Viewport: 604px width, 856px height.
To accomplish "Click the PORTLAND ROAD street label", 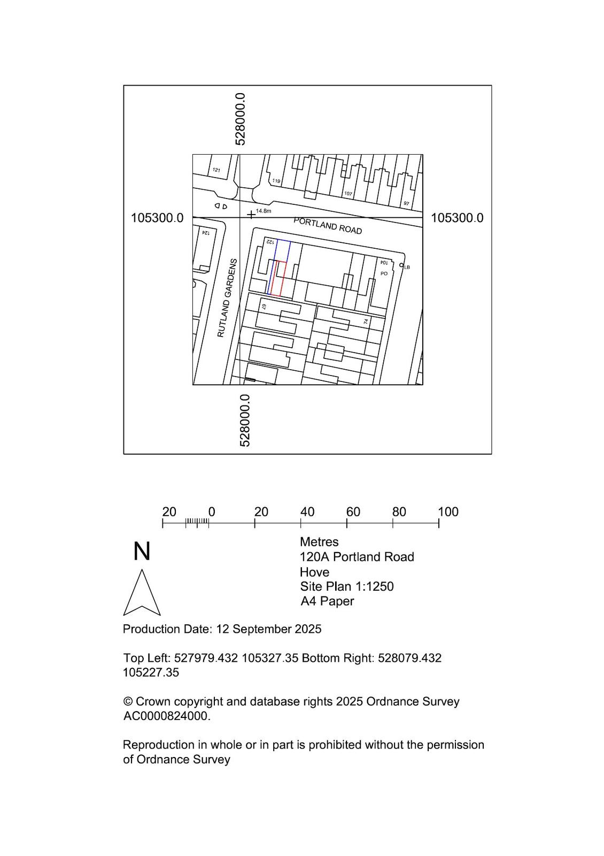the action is point(327,226).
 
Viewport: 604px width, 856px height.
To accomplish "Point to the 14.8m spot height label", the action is point(264,211).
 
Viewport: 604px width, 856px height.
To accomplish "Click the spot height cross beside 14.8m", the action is point(251,215).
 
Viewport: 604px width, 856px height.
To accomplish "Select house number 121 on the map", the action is point(216,170).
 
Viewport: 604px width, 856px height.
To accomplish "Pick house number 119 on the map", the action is point(276,181).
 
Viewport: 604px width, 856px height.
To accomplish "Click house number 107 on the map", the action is point(348,193).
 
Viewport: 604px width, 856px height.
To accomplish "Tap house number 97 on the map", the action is point(406,203).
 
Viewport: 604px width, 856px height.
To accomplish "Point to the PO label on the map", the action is point(384,273).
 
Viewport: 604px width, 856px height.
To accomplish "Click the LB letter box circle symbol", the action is point(401,265).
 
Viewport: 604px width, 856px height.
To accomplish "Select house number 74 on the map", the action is point(366,322).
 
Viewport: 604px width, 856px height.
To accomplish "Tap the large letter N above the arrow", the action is point(142,552).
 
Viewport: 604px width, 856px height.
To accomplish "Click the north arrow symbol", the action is point(142,593).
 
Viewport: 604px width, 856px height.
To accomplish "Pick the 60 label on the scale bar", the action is point(353,511).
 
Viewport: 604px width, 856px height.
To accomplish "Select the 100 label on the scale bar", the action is point(448,511).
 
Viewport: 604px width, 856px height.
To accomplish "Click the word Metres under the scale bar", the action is point(319,542).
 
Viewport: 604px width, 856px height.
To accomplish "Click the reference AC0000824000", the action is point(167,716).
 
